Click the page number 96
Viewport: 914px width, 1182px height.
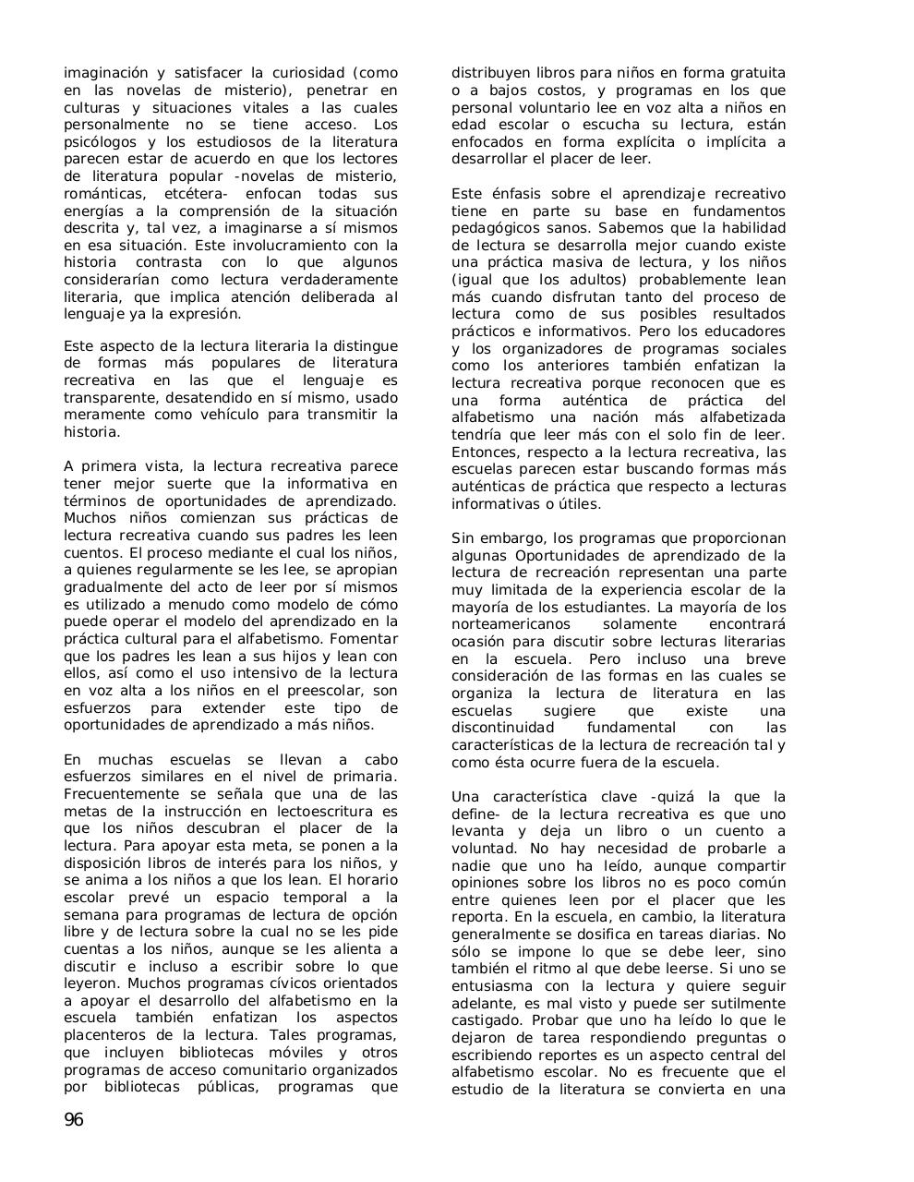74,1120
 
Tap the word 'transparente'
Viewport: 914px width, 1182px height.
110,398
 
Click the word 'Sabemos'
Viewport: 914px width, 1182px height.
627,228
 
